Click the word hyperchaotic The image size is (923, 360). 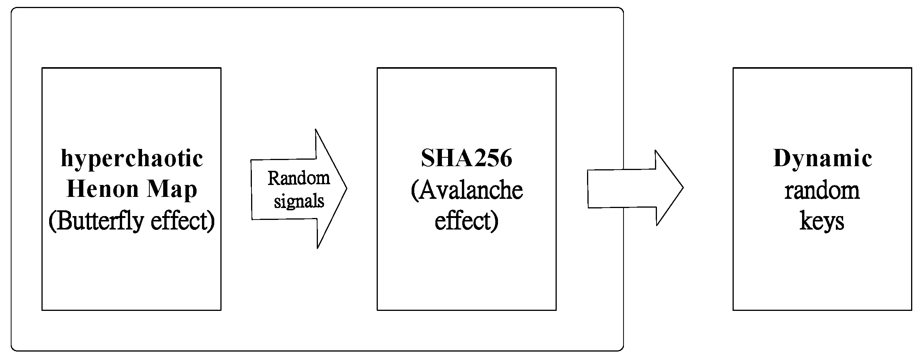click(x=132, y=159)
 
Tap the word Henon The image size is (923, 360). click(x=103, y=189)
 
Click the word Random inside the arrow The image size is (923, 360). click(x=299, y=178)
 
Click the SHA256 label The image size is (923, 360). click(x=466, y=158)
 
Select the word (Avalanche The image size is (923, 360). click(x=466, y=190)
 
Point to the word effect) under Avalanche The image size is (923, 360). click(x=466, y=221)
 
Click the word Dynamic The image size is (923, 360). click(x=822, y=159)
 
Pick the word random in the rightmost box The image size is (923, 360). click(x=822, y=190)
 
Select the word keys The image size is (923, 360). click(x=822, y=221)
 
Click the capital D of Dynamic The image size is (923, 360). click(x=781, y=158)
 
